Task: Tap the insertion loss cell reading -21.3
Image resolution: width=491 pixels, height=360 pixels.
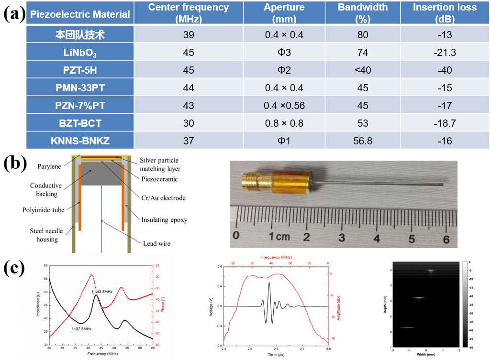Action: pyautogui.click(x=446, y=52)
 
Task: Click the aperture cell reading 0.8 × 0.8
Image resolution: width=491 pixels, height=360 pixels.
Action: pyautogui.click(x=284, y=123)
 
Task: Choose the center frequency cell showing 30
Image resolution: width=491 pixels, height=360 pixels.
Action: pyautogui.click(x=189, y=123)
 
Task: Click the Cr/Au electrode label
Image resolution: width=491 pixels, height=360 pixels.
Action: pyautogui.click(x=161, y=197)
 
